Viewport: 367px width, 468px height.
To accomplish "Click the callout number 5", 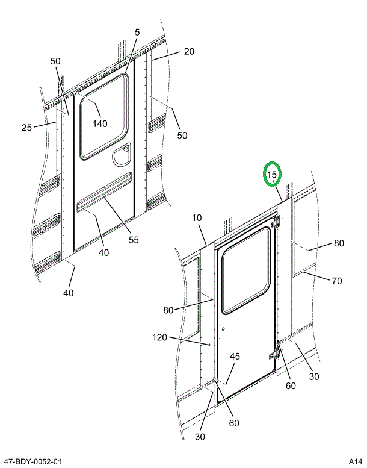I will pyautogui.click(x=137, y=31).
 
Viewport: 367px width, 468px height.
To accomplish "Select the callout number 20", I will pyautogui.click(x=189, y=52).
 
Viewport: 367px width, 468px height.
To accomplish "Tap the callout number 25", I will pyautogui.click(x=26, y=127).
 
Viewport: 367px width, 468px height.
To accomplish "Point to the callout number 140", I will pyautogui.click(x=100, y=123).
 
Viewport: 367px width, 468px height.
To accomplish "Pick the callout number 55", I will pyautogui.click(x=134, y=239).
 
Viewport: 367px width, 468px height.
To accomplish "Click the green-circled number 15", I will pyautogui.click(x=272, y=175).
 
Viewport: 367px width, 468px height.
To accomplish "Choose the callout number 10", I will pyautogui.click(x=197, y=217).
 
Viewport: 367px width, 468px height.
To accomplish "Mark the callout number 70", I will pyautogui.click(x=336, y=280).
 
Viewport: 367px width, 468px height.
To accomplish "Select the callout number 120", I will pyautogui.click(x=160, y=337).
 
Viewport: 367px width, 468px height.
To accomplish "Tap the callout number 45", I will pyautogui.click(x=235, y=356).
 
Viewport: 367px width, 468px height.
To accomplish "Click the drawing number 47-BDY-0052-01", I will pyautogui.click(x=32, y=461).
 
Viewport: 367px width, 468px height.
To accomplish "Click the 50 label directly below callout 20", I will pyautogui.click(x=182, y=136).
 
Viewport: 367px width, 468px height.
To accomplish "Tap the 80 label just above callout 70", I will pyautogui.click(x=339, y=244).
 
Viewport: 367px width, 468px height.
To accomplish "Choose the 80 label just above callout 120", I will pyautogui.click(x=168, y=310).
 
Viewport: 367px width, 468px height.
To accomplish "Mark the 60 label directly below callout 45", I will pyautogui.click(x=233, y=423).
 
